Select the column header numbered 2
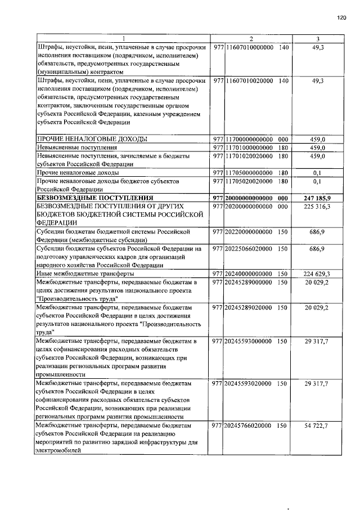click(x=251, y=39)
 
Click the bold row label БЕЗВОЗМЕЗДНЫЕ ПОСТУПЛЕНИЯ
click(x=94, y=198)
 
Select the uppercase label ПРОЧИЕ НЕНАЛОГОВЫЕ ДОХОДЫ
click(x=92, y=139)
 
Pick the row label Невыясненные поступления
click(x=73, y=147)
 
